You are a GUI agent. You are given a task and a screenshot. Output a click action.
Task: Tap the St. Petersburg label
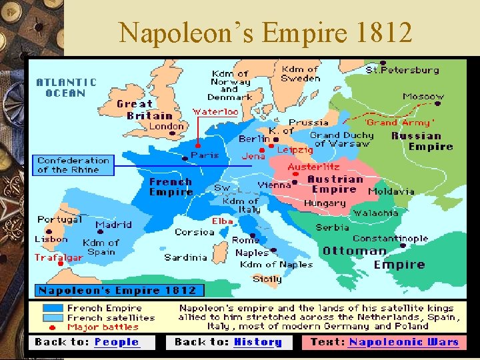click(403, 69)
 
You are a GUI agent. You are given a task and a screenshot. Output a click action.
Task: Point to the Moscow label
click(423, 97)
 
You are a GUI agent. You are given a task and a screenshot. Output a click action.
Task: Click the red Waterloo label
click(215, 112)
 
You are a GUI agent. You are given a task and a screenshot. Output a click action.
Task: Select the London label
click(167, 126)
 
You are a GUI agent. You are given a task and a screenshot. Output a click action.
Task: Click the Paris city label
click(205, 155)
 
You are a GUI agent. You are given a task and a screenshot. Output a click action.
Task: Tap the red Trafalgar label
click(59, 257)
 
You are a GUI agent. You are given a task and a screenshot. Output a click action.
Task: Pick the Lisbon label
click(51, 239)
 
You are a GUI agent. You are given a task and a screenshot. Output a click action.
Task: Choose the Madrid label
click(113, 225)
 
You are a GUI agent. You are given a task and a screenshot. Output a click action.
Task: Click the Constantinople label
click(390, 238)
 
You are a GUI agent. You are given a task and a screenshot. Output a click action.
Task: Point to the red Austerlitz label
click(313, 167)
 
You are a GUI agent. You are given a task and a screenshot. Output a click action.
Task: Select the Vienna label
click(275, 185)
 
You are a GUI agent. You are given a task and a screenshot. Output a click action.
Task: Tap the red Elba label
click(222, 221)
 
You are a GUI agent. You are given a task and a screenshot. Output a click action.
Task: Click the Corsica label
click(195, 232)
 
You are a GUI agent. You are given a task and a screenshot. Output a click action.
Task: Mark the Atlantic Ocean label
click(66, 87)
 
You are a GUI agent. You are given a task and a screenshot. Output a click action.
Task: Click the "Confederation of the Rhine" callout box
click(73, 165)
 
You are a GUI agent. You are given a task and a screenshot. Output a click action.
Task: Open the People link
click(117, 342)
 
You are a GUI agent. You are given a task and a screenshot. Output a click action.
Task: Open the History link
click(258, 342)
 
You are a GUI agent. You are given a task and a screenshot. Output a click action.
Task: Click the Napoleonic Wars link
click(404, 342)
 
